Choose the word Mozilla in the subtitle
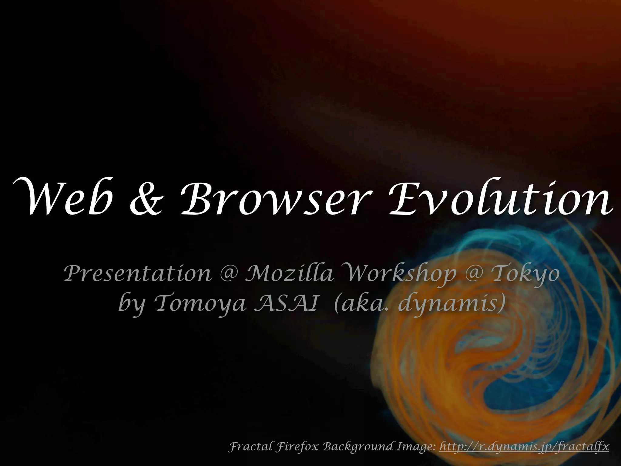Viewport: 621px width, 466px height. [289, 273]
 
